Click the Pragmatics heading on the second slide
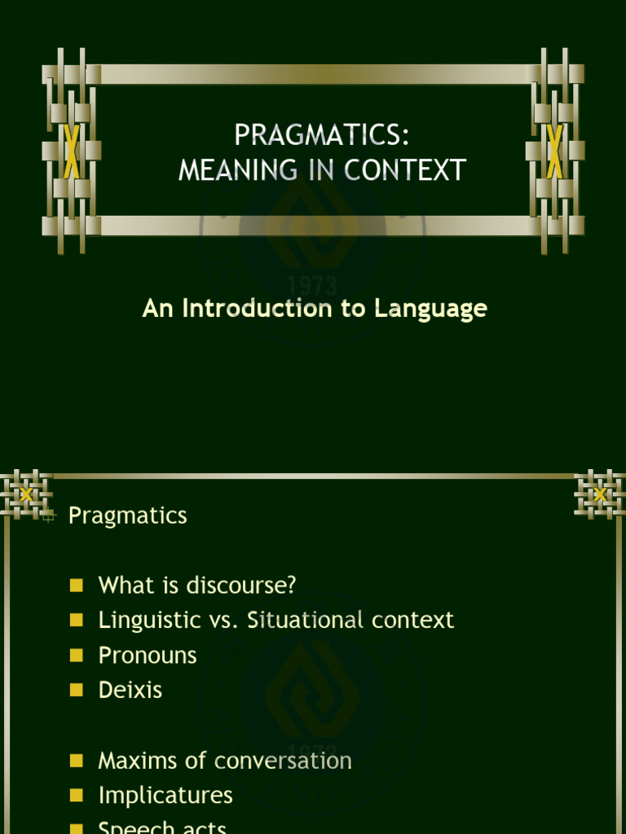coord(128,516)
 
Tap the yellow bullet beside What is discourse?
coord(77,585)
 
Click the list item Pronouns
coord(148,655)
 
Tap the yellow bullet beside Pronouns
coord(77,655)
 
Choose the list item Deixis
coord(130,690)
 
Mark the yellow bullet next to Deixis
coord(77,690)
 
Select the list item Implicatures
coord(165,795)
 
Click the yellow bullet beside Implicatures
coord(77,795)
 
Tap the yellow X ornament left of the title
coord(72,151)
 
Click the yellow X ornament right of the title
coord(555,151)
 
